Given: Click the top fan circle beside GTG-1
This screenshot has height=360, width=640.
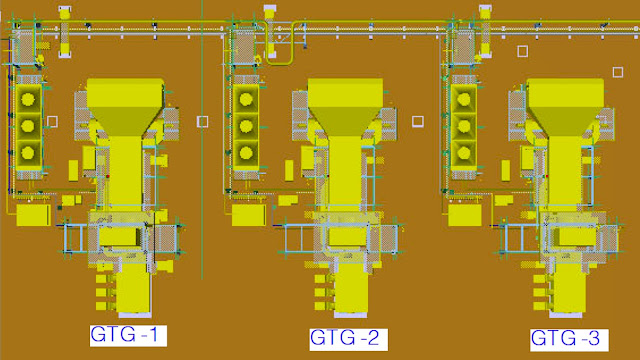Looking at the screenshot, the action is point(28,99).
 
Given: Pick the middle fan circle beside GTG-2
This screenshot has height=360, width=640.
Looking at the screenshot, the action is point(245,127).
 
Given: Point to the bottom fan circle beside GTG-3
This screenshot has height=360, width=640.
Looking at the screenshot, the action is point(464,153).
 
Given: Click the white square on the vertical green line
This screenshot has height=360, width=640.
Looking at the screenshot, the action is point(202,122).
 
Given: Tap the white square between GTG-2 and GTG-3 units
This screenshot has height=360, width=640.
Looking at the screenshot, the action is point(418,121).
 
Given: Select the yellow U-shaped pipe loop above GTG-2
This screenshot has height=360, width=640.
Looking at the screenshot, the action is point(280,62).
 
